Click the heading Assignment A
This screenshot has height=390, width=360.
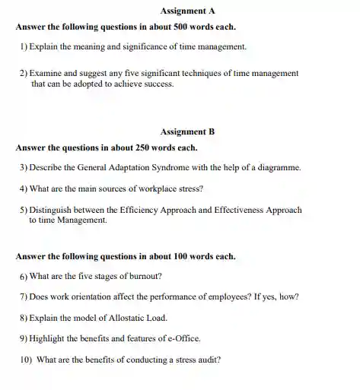(179, 11)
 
